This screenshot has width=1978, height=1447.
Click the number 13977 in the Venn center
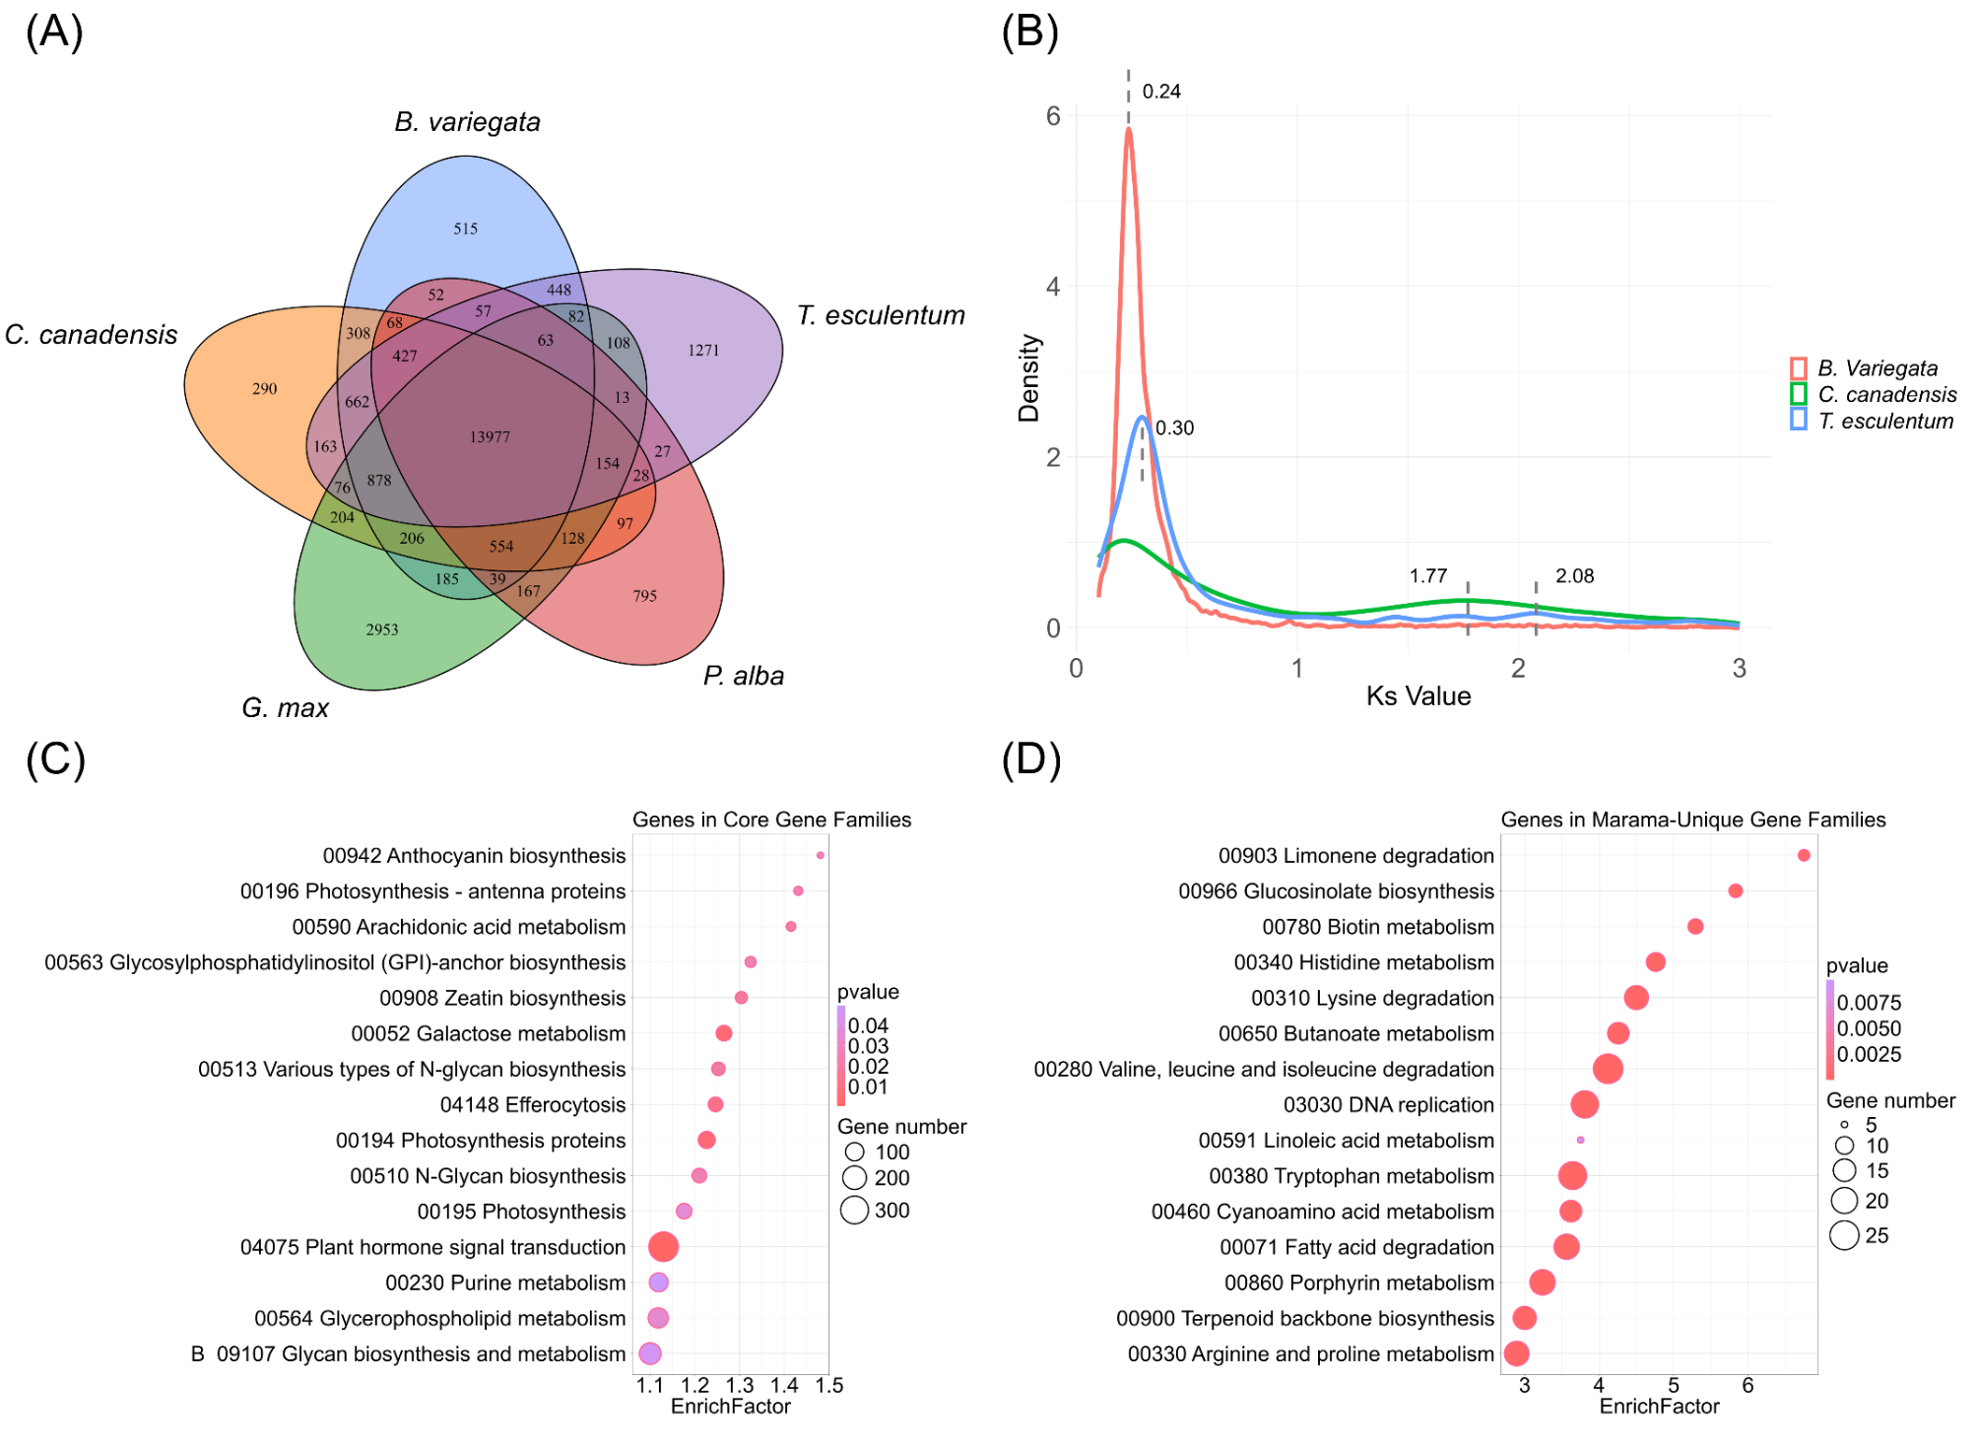click(x=490, y=436)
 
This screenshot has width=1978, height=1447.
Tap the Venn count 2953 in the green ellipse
click(x=382, y=629)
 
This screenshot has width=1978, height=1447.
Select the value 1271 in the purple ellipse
click(x=703, y=350)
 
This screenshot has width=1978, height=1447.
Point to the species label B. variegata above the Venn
click(x=467, y=122)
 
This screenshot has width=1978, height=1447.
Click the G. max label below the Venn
click(x=285, y=708)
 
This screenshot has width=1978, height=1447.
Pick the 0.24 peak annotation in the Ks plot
click(x=1161, y=92)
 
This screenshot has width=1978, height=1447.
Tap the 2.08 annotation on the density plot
click(x=1574, y=576)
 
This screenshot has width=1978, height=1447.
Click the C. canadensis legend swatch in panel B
click(x=1799, y=394)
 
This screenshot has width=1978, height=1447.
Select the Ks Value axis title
click(x=1418, y=696)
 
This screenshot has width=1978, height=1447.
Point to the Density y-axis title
click(x=1028, y=378)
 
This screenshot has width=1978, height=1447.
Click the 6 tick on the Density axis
click(x=1053, y=116)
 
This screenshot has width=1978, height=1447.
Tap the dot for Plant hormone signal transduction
click(x=663, y=1247)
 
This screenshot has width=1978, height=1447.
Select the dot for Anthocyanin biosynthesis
click(x=820, y=855)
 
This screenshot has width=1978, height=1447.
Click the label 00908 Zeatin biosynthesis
click(x=502, y=998)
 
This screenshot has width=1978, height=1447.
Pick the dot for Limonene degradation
click(x=1804, y=855)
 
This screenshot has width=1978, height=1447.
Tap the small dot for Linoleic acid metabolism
click(x=1580, y=1140)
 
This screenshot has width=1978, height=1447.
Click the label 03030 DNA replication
click(x=1388, y=1105)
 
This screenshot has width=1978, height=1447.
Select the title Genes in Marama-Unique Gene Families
click(x=1692, y=820)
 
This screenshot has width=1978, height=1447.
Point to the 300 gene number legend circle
click(x=854, y=1210)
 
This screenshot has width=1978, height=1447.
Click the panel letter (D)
click(x=1030, y=760)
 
